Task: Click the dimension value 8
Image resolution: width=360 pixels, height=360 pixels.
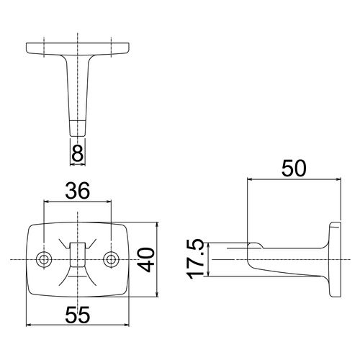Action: (x=78, y=153)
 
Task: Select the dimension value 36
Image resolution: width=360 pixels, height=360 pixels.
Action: (x=78, y=191)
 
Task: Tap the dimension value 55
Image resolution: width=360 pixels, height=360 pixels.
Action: (x=78, y=315)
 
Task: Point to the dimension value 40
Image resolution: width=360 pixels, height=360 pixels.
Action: (x=147, y=260)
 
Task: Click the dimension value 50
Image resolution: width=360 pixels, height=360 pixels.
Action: (x=294, y=168)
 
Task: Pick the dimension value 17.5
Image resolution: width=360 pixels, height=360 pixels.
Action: (x=197, y=259)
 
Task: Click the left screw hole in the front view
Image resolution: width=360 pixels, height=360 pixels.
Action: (x=44, y=259)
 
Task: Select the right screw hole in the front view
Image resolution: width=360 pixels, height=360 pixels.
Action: (x=111, y=259)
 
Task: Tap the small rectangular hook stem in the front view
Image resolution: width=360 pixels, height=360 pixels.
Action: (x=78, y=254)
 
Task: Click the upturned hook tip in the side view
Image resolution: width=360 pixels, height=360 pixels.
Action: (x=255, y=246)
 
